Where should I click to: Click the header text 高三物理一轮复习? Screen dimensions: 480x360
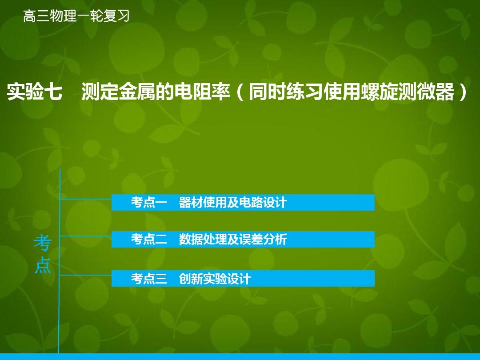point(76,16)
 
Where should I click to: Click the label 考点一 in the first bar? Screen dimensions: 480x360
point(149,202)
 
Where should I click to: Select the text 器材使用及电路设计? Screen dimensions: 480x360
point(233,202)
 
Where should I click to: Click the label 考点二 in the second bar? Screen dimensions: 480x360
point(149,239)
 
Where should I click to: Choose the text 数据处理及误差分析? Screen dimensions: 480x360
point(233,239)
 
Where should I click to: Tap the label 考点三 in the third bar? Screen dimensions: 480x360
point(149,279)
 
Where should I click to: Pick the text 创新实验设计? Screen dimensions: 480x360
point(215,279)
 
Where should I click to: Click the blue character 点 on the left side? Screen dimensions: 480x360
point(43,265)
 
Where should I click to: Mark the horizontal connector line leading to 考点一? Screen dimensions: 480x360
point(85,199)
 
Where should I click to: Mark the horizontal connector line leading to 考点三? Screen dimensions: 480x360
point(85,275)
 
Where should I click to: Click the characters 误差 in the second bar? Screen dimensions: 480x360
point(251,239)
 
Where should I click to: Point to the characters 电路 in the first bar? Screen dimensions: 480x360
point(251,202)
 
